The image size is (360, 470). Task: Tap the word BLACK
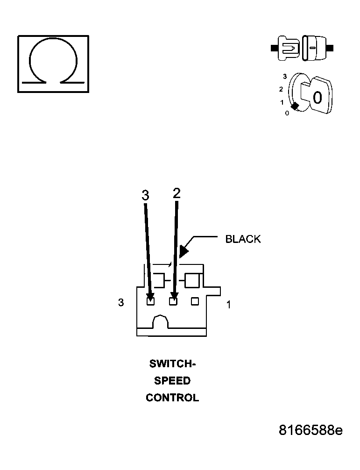[x=243, y=239]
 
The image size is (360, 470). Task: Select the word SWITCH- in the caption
[x=172, y=363]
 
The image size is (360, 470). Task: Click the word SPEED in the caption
[x=172, y=381]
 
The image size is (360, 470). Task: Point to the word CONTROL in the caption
[x=172, y=398]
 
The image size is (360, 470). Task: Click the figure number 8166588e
[x=311, y=430]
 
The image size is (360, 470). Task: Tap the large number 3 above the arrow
[x=145, y=195]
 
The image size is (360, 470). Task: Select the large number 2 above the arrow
[x=176, y=193]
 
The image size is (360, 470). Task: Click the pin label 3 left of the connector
[x=121, y=302]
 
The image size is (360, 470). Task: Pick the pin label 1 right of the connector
[x=228, y=305]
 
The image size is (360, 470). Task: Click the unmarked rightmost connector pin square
[x=195, y=301]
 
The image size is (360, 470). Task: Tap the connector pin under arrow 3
[x=151, y=301]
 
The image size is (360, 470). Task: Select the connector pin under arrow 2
[x=173, y=301]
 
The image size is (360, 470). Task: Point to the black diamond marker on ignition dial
[x=295, y=106]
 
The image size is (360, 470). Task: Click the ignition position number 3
[x=285, y=77]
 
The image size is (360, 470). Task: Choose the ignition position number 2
[x=281, y=89]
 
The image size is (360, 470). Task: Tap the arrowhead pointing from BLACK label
[x=184, y=251]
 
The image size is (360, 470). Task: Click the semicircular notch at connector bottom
[x=161, y=321]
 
